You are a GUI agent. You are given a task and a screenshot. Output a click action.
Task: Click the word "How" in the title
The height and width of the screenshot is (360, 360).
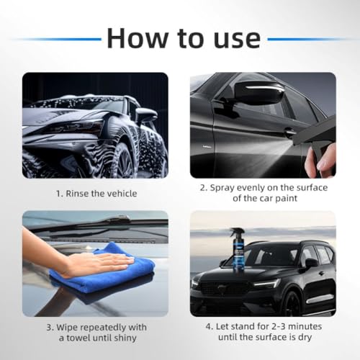click(x=138, y=38)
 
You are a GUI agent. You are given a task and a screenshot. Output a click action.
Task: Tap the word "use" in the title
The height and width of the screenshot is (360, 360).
click(x=237, y=40)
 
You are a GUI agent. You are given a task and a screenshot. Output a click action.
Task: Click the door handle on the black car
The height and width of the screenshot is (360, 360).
click(x=289, y=132)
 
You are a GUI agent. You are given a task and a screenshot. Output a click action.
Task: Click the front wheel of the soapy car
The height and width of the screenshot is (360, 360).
click(x=125, y=160)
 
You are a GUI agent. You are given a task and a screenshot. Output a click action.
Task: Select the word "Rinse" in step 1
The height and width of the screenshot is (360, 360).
click(x=77, y=194)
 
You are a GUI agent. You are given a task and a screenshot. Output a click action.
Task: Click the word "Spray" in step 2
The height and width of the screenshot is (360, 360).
click(x=221, y=188)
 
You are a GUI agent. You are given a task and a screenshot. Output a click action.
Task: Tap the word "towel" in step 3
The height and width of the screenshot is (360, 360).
click(x=78, y=338)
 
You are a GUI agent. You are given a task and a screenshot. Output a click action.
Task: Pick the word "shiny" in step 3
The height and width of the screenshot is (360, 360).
click(x=125, y=338)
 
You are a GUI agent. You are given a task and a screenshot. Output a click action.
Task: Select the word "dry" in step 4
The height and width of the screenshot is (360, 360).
click(x=305, y=338)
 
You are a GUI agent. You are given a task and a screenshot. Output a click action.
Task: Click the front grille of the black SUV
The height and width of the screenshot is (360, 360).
click(x=225, y=288)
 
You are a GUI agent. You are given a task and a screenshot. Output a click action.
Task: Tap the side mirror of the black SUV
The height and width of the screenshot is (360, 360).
click(x=311, y=264)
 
